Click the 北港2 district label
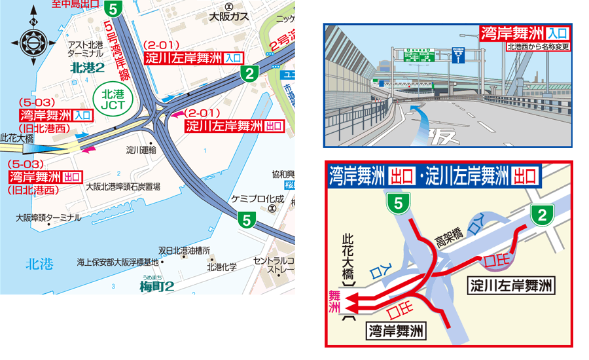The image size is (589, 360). [87, 67]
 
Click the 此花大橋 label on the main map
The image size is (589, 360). [17, 138]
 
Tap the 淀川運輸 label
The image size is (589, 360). [143, 150]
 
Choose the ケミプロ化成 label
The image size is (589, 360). [258, 198]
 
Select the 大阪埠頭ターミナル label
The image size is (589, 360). [49, 217]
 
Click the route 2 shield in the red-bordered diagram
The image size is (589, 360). [541, 214]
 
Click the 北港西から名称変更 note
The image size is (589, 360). [537, 46]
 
